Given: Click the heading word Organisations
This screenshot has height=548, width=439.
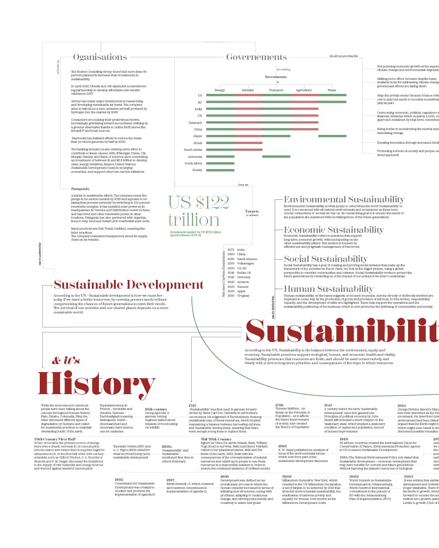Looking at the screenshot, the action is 100,57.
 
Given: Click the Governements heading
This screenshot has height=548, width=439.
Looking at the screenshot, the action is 256,57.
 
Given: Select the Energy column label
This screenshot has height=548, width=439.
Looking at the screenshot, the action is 219,90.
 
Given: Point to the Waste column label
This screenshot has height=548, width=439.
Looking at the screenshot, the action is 332,90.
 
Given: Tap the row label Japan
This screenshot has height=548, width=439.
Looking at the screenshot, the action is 197,136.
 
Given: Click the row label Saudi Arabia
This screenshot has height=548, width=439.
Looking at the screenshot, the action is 193,150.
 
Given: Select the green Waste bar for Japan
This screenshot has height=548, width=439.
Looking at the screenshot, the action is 332,136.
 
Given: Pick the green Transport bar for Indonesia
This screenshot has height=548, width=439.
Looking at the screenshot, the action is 276,157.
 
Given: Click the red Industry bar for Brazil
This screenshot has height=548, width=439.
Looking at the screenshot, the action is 249,143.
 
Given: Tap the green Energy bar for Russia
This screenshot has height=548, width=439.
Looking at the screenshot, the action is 220,170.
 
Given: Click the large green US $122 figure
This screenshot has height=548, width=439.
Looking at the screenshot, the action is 199,203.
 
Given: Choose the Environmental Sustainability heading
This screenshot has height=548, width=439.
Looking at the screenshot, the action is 344,199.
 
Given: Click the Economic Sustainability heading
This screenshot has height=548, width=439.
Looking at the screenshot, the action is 333,230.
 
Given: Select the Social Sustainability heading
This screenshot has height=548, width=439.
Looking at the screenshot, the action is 325,259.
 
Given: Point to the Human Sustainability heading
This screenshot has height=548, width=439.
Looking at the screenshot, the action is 328,289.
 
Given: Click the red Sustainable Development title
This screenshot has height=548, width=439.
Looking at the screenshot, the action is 129,285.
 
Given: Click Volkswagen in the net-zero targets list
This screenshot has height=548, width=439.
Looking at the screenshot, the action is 246,264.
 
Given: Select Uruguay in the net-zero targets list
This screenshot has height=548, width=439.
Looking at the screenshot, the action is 243,296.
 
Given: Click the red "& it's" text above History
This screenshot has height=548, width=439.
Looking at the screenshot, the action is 66,361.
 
